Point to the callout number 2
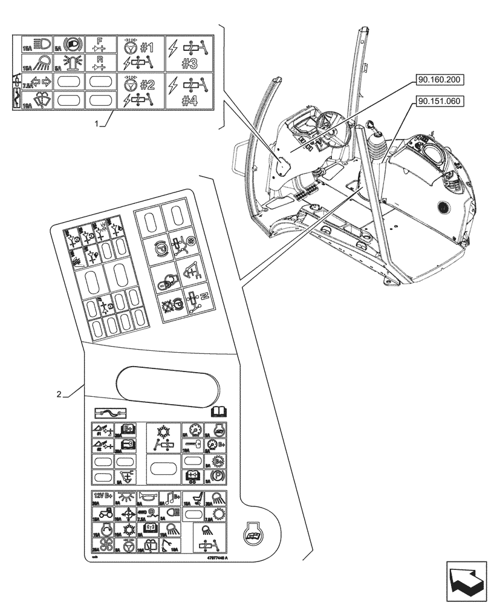point(59,394)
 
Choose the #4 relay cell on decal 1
point(189,91)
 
